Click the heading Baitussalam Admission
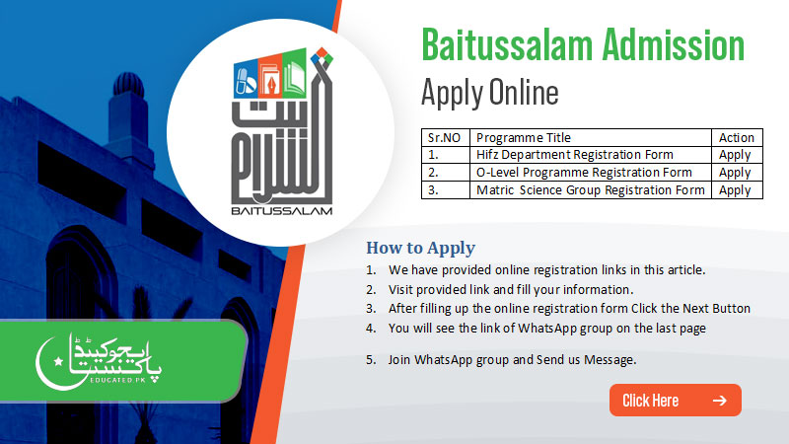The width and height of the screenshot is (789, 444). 582,46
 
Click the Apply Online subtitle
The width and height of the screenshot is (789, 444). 489,93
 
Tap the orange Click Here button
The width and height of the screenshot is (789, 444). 675,400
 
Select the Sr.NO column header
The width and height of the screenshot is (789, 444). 444,138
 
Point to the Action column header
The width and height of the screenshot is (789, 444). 737,138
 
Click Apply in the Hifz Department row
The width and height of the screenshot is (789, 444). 735,155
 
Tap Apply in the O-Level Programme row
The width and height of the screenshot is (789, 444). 735,173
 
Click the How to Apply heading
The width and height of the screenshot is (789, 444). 420,248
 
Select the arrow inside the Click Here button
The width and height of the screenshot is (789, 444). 719,400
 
